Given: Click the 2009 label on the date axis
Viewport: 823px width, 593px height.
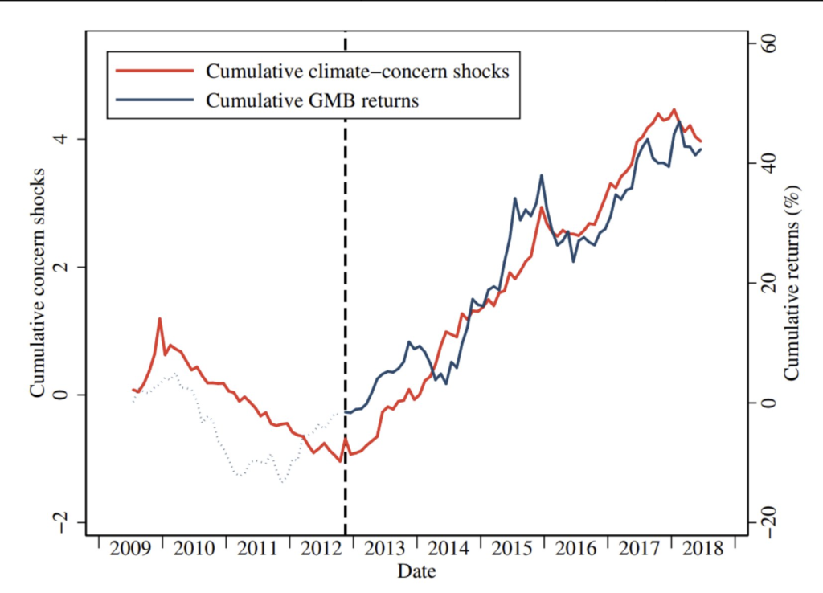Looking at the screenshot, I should [x=129, y=550].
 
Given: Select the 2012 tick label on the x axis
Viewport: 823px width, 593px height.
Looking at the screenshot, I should [x=321, y=550].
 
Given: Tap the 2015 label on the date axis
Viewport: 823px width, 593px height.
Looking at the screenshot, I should [x=512, y=550].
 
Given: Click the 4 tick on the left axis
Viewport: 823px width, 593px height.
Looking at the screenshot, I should [x=68, y=139].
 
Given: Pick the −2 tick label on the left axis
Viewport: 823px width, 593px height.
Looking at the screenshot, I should [x=68, y=522].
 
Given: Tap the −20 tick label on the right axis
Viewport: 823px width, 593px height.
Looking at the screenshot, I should [x=767, y=522].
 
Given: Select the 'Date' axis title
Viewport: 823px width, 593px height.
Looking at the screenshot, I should [x=416, y=572].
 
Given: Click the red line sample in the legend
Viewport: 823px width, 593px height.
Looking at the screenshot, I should [x=155, y=71].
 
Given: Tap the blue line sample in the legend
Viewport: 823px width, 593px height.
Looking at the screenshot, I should [x=155, y=100].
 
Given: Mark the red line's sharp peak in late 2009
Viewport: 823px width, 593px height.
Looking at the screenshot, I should [x=160, y=318].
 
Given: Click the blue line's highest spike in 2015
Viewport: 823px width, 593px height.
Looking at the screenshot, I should [x=542, y=175].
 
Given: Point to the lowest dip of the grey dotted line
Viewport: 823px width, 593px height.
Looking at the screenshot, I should [x=283, y=482].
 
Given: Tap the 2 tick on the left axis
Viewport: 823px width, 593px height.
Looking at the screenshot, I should [x=68, y=267].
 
